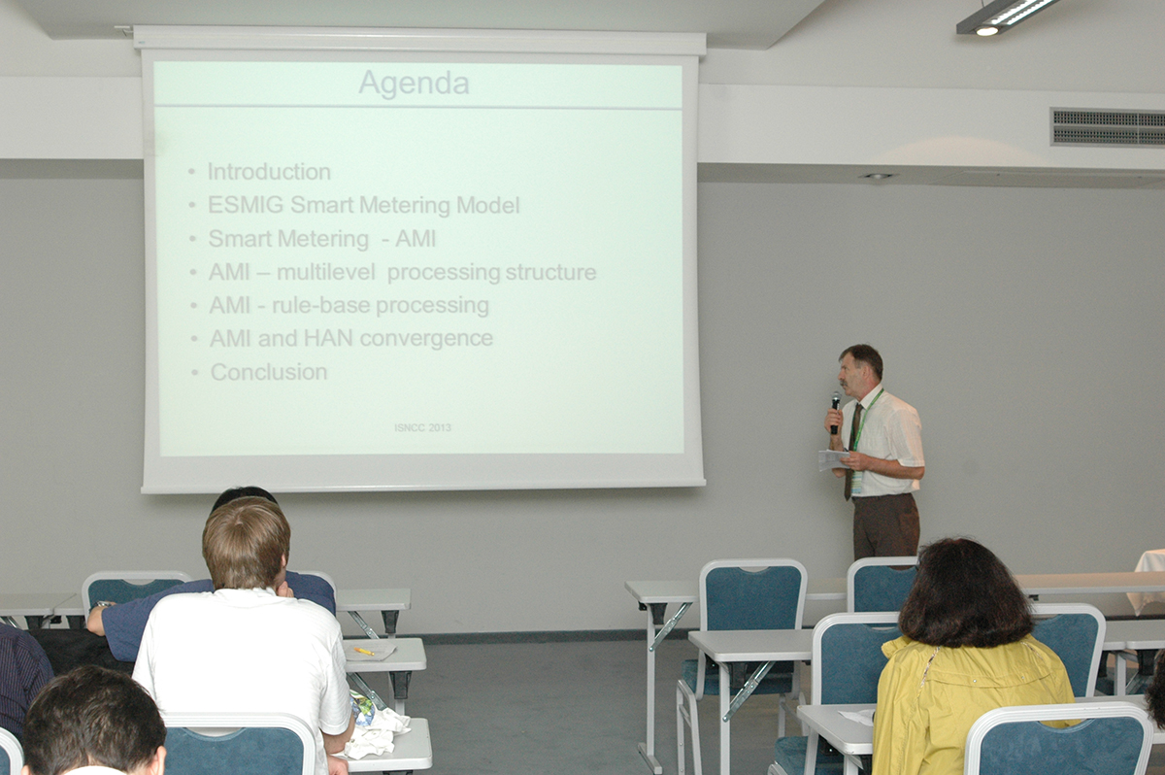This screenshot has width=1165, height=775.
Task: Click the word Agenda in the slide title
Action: click(x=414, y=84)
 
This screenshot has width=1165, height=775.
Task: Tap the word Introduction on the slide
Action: click(x=269, y=172)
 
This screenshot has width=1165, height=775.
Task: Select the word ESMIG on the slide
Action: click(x=245, y=205)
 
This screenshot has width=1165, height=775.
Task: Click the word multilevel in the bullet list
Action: click(x=325, y=272)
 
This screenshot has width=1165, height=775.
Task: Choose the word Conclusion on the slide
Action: click(x=269, y=372)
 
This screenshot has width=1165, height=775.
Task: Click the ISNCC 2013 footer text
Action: click(x=422, y=427)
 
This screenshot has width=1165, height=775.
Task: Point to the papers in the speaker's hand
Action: click(x=833, y=459)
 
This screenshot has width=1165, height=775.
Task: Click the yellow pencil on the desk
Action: click(x=363, y=651)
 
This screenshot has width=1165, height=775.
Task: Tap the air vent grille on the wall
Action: click(x=1108, y=127)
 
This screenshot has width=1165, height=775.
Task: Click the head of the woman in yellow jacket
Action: click(x=964, y=593)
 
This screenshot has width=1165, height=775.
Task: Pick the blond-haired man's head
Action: click(x=246, y=543)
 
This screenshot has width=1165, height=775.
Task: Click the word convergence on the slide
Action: click(x=426, y=339)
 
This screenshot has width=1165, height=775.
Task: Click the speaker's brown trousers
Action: click(x=885, y=525)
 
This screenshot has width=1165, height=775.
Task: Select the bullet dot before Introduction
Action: click(x=192, y=172)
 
